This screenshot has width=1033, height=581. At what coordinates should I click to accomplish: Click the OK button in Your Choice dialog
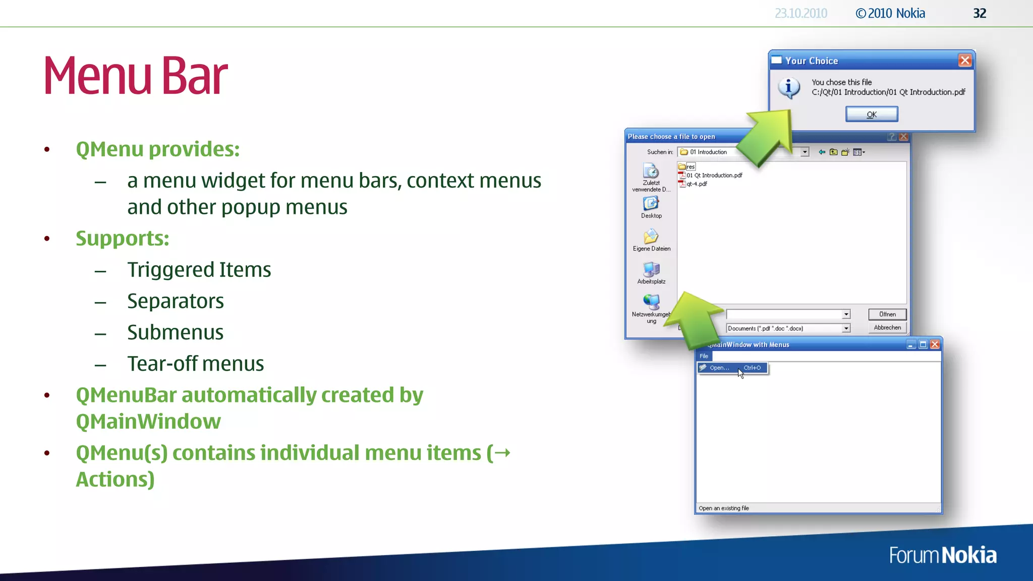(x=872, y=114)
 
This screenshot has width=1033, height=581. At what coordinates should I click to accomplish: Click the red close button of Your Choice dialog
(x=965, y=61)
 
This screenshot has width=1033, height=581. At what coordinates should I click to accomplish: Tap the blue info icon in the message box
(x=789, y=87)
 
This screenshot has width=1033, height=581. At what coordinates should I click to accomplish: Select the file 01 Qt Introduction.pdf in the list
(x=714, y=176)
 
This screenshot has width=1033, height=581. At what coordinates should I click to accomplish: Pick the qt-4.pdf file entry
(x=696, y=184)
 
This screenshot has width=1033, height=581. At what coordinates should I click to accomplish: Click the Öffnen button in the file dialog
(x=887, y=314)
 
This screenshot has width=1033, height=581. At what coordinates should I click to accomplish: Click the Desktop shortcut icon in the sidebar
(x=651, y=203)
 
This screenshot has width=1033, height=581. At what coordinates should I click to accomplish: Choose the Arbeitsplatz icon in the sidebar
(x=651, y=269)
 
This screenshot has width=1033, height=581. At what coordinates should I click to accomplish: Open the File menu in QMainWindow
(x=704, y=356)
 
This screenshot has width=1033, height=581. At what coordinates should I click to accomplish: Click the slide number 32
(x=980, y=14)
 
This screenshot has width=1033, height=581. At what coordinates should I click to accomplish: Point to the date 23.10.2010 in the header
(x=800, y=14)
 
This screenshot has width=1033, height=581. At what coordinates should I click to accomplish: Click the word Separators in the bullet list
(x=175, y=302)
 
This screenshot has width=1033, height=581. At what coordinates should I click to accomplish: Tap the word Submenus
(x=175, y=333)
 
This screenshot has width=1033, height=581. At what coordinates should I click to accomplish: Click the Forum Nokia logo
(x=942, y=555)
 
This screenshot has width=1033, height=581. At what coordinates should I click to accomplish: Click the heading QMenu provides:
(x=157, y=149)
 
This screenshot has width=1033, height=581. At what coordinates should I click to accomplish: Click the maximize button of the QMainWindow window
(x=923, y=344)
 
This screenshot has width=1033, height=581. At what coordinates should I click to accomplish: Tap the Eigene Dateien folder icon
(x=651, y=236)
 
